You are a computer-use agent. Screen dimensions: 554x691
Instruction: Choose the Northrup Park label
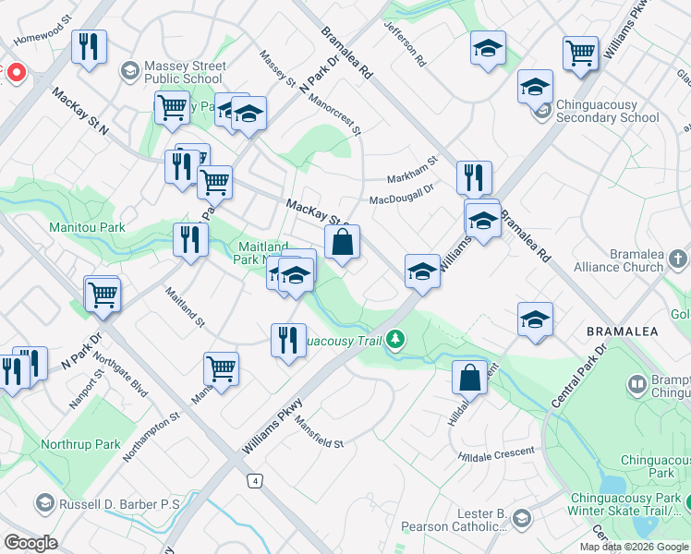[x=80, y=444]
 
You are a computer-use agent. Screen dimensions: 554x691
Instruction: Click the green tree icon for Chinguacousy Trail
[x=395, y=340]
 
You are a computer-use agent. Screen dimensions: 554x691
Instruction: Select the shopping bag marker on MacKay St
[x=342, y=244]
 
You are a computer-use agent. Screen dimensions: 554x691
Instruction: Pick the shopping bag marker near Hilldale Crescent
[x=469, y=378]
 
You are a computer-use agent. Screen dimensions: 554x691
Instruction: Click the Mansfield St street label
[x=320, y=433]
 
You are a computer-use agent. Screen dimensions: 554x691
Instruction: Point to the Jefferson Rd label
[x=406, y=44]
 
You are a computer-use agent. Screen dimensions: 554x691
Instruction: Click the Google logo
[x=30, y=543]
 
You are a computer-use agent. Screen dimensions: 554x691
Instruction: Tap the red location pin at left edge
[x=16, y=72]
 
